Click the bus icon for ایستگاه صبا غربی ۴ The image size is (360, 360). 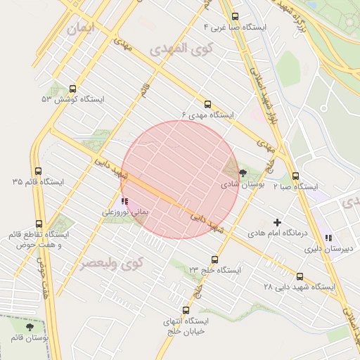[234, 17]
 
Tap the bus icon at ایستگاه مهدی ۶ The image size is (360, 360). [207, 105]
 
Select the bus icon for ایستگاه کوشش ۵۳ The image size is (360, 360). [72, 89]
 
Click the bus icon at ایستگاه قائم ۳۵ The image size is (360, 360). [38, 172]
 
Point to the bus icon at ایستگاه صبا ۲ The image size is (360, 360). [295, 177]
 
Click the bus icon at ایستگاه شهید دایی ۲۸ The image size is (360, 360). [300, 276]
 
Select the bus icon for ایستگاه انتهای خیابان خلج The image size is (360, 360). [186, 310]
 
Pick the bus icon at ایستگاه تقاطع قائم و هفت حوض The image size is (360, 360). [39, 224]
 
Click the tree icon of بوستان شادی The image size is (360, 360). [243, 173]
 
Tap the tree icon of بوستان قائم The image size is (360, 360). [29, 327]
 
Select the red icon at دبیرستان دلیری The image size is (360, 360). [328, 238]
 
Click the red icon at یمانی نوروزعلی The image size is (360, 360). [124, 201]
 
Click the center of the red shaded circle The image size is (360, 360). [180, 179]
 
